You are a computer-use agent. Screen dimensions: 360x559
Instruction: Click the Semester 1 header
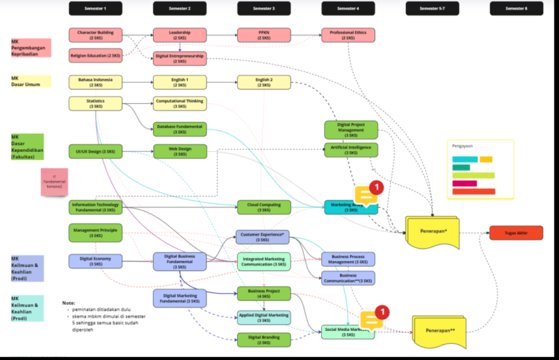pyautogui.click(x=95, y=9)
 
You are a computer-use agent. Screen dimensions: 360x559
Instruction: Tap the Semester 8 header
pyautogui.click(x=515, y=9)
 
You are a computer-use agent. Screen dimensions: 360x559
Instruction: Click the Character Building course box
pyautogui.click(x=95, y=35)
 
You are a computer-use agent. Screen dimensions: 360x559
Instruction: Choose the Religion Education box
pyautogui.click(x=95, y=55)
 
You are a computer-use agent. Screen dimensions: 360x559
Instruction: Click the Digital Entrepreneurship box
pyautogui.click(x=180, y=58)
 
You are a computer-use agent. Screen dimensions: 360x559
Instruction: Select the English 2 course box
pyautogui.click(x=263, y=82)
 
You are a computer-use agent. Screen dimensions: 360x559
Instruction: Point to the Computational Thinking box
pyautogui.click(x=180, y=103)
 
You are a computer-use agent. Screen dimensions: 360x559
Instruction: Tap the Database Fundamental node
pyautogui.click(x=180, y=129)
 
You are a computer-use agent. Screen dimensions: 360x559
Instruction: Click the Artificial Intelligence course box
pyautogui.click(x=351, y=150)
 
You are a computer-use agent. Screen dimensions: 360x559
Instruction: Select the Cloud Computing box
pyautogui.click(x=263, y=207)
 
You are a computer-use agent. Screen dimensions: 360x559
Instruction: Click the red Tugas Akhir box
pyautogui.click(x=515, y=233)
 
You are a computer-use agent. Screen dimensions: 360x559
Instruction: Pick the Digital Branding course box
pyautogui.click(x=263, y=340)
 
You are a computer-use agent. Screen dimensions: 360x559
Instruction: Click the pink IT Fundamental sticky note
pyautogui.click(x=54, y=182)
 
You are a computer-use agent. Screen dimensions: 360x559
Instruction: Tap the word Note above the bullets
pyautogui.click(x=68, y=303)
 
